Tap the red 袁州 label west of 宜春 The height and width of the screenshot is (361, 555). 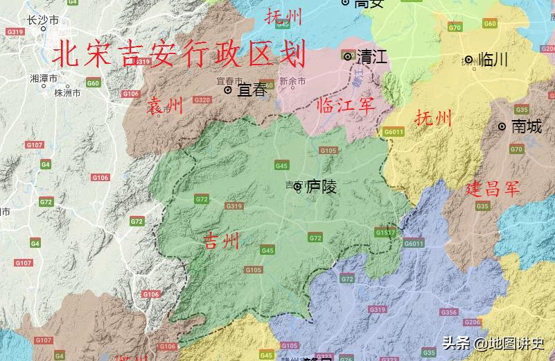click(x=165, y=106)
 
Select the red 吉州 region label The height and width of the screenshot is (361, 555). click(x=221, y=241)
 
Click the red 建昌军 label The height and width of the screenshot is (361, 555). click(x=492, y=188)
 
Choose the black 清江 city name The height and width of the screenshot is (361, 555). click(x=372, y=57)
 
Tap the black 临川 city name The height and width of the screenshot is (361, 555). click(x=493, y=60)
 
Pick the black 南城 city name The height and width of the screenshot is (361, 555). click(x=527, y=126)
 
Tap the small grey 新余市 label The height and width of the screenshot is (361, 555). click(x=292, y=81)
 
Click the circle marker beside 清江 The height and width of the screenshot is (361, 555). click(x=348, y=56)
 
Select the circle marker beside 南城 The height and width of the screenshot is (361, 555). click(x=502, y=126)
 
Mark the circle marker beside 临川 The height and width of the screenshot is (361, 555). click(x=469, y=60)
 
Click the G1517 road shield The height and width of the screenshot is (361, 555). click(x=385, y=232)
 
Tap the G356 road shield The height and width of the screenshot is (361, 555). click(x=449, y=312)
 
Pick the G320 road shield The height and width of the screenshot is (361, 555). click(x=202, y=100)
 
